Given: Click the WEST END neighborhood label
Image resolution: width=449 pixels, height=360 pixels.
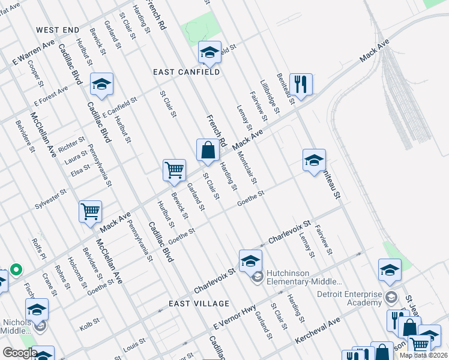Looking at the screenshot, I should pos(58,30).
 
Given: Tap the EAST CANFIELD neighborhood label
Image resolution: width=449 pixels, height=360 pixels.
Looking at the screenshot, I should pos(186,72).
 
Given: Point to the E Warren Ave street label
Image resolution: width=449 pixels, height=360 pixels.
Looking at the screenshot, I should pos(34,54).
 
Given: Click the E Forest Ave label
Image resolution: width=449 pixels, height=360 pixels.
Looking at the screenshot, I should pos(51,94).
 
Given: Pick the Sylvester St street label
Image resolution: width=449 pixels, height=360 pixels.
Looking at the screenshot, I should pos(50,199).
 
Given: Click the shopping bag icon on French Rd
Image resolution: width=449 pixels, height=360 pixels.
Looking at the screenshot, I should pos(208,149).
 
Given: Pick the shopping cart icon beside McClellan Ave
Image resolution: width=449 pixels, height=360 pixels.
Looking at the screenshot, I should pos(90,211).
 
